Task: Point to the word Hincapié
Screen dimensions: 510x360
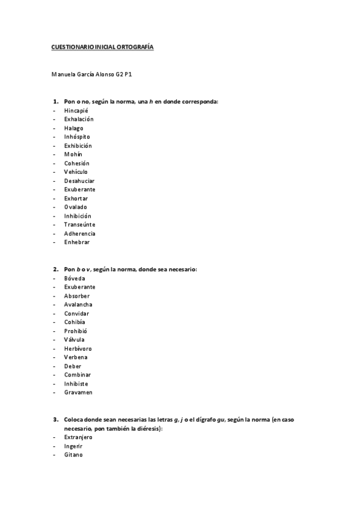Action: (x=76, y=111)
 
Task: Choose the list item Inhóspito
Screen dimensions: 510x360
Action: (x=77, y=137)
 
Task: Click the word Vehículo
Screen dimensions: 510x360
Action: (x=76, y=172)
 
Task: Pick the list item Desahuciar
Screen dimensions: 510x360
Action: (x=79, y=180)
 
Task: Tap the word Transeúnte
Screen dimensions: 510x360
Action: (x=80, y=224)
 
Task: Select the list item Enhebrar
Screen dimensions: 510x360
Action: (x=77, y=242)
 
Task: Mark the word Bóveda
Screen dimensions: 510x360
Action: (x=75, y=278)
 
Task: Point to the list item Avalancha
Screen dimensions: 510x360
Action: (x=78, y=304)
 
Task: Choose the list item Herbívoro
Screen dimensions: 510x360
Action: (x=78, y=348)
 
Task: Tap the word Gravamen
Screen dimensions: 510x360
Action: (x=78, y=392)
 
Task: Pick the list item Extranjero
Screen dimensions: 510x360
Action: (x=78, y=437)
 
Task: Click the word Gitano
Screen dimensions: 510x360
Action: (x=73, y=455)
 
